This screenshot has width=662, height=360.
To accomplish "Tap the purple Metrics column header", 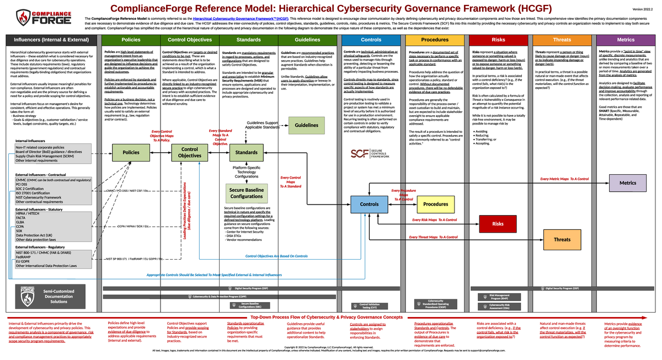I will click(626, 40).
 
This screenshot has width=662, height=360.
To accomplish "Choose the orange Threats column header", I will click(562, 40).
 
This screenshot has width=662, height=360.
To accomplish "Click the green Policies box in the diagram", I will click(130, 152).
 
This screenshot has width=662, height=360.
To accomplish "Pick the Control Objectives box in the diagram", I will click(189, 152).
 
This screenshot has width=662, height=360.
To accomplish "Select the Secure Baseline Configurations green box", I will click(246, 193).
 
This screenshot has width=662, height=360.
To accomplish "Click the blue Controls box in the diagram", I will click(369, 204).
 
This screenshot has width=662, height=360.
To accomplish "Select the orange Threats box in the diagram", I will click(562, 239).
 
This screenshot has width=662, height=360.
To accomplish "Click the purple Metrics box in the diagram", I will click(627, 182).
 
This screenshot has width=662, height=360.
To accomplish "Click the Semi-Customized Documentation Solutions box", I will click(51, 295).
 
